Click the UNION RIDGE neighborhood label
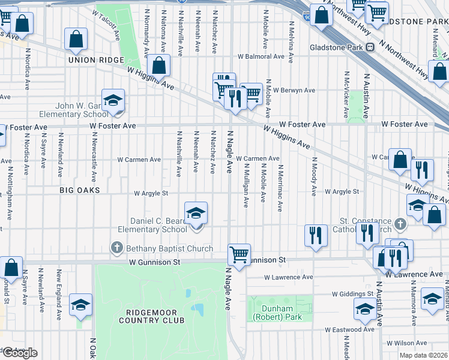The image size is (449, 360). point(95,60)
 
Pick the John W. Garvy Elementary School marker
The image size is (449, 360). point(112,102)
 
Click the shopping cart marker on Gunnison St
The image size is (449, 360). point(239,255)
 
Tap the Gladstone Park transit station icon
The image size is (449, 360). point(370,47)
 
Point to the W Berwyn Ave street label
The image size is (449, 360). point(293,91)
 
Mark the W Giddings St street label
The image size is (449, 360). point(354,295)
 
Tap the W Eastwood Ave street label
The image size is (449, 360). point(350,329)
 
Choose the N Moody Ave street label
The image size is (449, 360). point(312,177)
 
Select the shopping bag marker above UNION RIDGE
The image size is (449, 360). point(77,40)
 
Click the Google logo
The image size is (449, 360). point(20,353)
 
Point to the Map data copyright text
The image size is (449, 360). point(423,355)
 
